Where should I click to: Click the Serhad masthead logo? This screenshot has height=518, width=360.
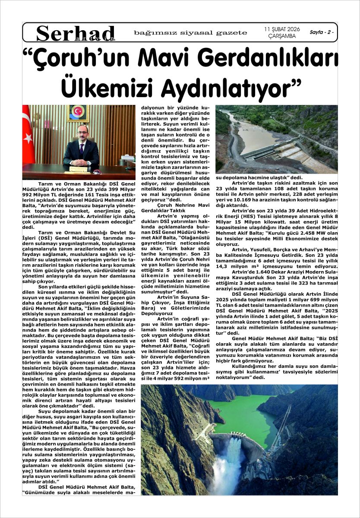tap(76, 33)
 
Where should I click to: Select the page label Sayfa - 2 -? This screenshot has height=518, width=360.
tap(322, 32)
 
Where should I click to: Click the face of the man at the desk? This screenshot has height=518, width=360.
tap(82, 131)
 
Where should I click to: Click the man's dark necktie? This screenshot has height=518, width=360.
tap(82, 149)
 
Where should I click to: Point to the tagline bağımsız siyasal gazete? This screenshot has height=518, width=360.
tap(190, 33)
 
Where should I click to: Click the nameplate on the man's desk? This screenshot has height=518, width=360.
tap(79, 169)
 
